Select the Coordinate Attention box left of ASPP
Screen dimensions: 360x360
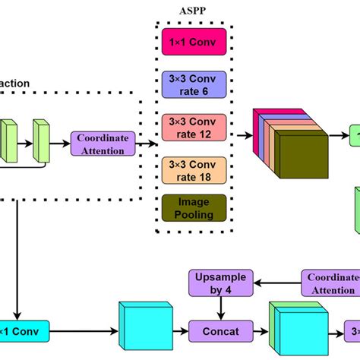(103, 142)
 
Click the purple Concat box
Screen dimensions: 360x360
(221, 331)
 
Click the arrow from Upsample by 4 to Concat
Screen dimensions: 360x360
(220, 308)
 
